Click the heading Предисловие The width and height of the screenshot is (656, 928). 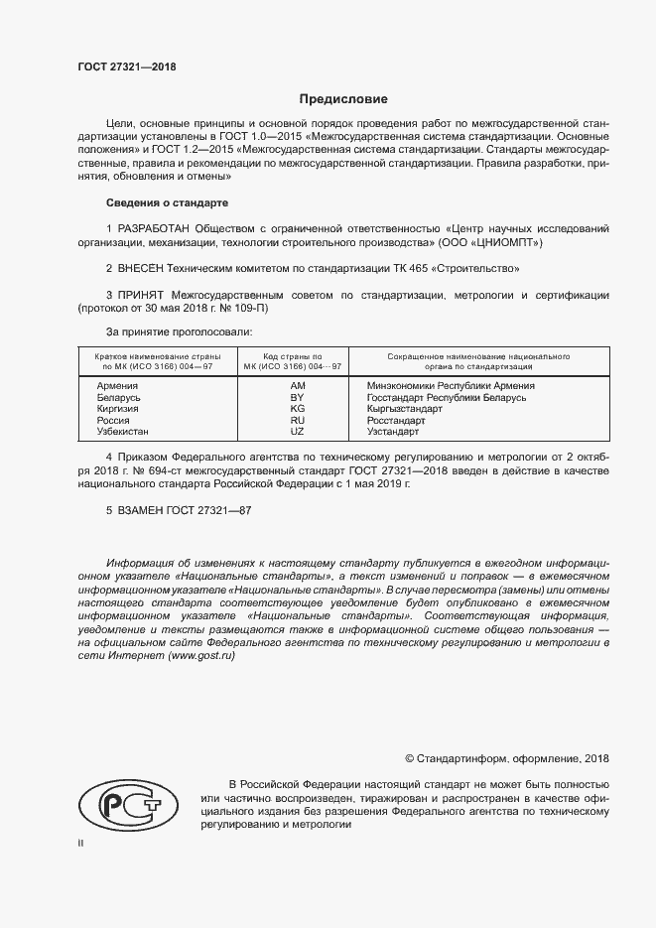[344, 99]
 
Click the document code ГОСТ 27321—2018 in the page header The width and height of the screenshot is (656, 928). [126, 66]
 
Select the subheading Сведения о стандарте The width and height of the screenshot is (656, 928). [167, 203]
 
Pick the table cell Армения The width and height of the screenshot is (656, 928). [116, 385]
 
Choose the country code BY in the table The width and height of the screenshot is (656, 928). [297, 397]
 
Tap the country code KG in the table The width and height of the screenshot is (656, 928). [297, 409]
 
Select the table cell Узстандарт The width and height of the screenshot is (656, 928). [393, 432]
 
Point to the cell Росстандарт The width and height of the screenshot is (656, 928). [396, 421]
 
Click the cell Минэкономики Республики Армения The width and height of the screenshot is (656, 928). [451, 385]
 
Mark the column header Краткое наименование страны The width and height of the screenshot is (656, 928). [158, 354]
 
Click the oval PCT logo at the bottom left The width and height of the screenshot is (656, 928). [122, 805]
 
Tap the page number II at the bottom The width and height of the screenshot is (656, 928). [80, 842]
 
